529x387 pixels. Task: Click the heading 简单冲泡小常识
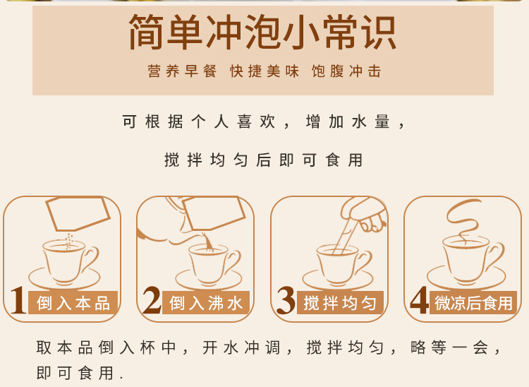pyautogui.click(x=263, y=32)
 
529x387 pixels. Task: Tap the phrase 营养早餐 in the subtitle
pyautogui.click(x=182, y=71)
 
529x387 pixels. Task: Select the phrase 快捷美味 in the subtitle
pyautogui.click(x=264, y=71)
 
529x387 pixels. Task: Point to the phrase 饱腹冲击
pyautogui.click(x=346, y=71)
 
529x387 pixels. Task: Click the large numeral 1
pyautogui.click(x=18, y=300)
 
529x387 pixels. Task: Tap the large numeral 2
pyautogui.click(x=152, y=300)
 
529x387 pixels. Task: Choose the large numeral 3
pyautogui.click(x=286, y=300)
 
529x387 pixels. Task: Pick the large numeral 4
pyautogui.click(x=420, y=300)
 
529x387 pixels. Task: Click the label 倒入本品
pyautogui.click(x=73, y=303)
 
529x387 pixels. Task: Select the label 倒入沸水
pyautogui.click(x=206, y=303)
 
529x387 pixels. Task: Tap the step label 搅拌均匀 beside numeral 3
pyautogui.click(x=340, y=303)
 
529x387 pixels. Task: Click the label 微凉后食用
pyautogui.click(x=473, y=303)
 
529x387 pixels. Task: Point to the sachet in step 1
pyautogui.click(x=78, y=213)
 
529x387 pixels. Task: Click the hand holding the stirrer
pyautogui.click(x=365, y=213)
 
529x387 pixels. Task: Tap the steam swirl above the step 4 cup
pyautogui.click(x=464, y=220)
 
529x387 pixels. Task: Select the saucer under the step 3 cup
pyautogui.click(x=337, y=280)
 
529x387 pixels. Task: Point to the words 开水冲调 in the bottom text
pyautogui.click(x=241, y=347)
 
